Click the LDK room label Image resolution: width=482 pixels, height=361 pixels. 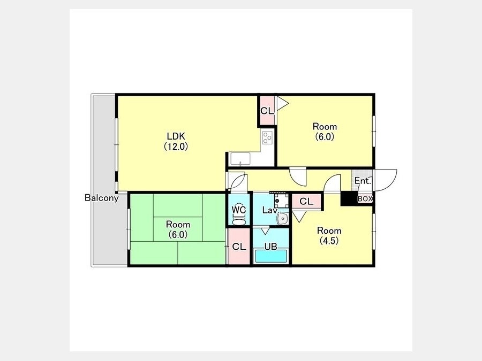176,136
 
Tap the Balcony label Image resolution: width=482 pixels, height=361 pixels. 101,198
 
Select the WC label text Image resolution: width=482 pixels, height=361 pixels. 239,210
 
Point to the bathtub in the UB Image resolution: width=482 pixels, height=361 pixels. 271,256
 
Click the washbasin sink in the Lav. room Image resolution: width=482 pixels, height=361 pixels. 282,219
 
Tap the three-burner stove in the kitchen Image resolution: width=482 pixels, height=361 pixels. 267,137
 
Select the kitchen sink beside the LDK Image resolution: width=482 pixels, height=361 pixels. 240,159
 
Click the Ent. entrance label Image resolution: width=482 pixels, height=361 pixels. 363,181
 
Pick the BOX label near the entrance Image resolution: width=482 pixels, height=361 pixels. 365,199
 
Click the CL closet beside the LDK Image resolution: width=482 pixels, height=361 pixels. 267,111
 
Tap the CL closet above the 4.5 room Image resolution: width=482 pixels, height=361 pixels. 306,202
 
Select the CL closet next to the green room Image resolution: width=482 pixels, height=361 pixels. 239,247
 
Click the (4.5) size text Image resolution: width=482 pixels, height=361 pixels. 329,241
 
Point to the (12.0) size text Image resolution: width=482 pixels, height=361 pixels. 176,147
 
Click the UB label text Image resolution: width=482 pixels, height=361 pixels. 271,247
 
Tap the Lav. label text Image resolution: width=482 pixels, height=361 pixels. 270,210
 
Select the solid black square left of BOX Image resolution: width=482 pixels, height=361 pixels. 349,198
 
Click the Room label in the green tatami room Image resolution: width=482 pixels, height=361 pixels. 178,225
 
